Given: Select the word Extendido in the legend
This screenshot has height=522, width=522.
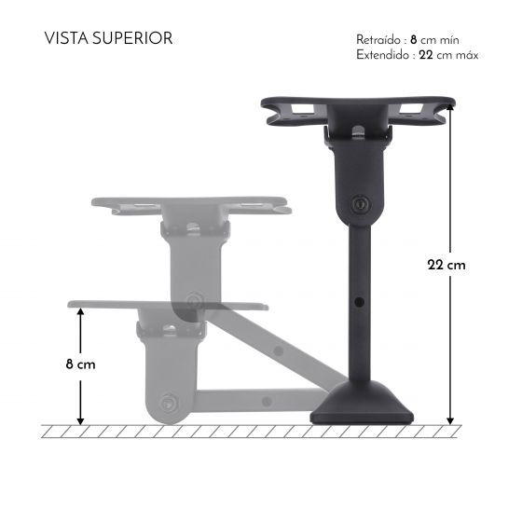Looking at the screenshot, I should click(x=380, y=55).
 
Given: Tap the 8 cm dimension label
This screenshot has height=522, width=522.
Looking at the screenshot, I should click(x=81, y=364).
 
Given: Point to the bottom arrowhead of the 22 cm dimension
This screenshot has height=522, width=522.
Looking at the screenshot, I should click(x=450, y=419).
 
